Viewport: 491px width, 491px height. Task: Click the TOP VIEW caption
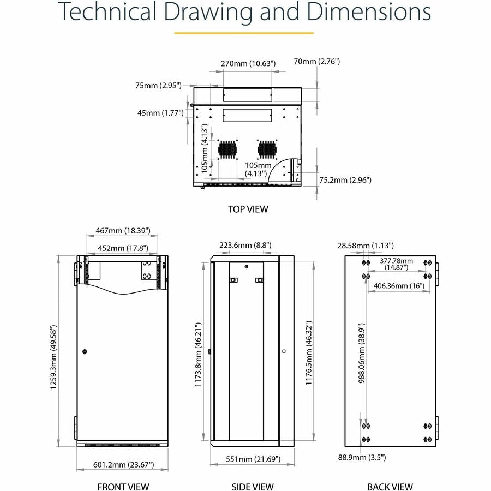click(x=248, y=208)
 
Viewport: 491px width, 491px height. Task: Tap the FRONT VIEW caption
click(x=123, y=487)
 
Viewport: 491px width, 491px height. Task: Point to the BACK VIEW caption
click(x=390, y=487)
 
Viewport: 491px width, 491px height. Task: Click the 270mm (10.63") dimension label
click(x=248, y=64)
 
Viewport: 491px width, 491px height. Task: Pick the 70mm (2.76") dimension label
click(x=316, y=61)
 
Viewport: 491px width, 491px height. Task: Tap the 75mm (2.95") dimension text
click(x=158, y=85)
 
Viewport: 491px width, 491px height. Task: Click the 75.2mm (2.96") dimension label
click(x=345, y=179)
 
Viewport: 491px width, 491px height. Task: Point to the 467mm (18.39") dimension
click(x=123, y=231)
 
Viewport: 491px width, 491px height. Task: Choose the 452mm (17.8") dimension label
click(x=123, y=248)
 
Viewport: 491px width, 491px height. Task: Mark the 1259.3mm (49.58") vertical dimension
click(x=53, y=352)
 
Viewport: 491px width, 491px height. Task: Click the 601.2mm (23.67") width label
click(x=123, y=465)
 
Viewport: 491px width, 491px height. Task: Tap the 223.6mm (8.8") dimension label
click(x=245, y=245)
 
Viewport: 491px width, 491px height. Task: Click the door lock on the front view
click(x=85, y=352)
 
